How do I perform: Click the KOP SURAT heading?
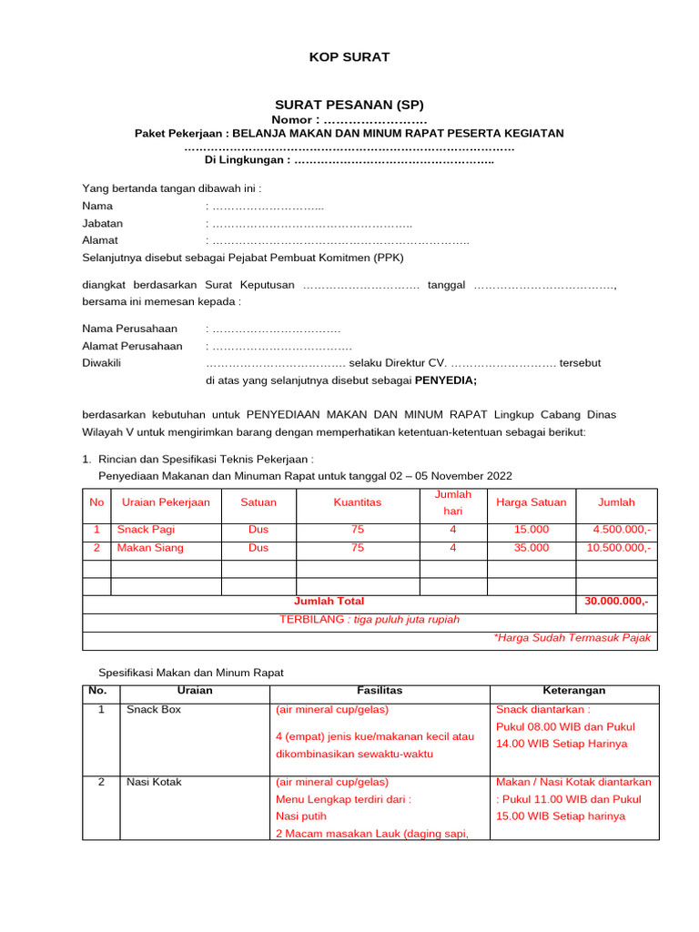pyautogui.click(x=349, y=57)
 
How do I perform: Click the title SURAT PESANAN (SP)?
pyautogui.click(x=349, y=105)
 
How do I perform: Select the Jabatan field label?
pyautogui.click(x=103, y=223)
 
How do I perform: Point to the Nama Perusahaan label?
pyautogui.click(x=130, y=329)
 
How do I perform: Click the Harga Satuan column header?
pyautogui.click(x=531, y=502)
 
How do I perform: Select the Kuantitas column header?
pyautogui.click(x=358, y=502)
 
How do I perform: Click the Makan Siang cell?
pyautogui.click(x=150, y=548)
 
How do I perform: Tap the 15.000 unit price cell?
pyautogui.click(x=532, y=530)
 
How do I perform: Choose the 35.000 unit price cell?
pyautogui.click(x=532, y=548)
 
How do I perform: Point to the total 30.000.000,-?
pyautogui.click(x=618, y=602)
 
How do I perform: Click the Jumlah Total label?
pyautogui.click(x=329, y=602)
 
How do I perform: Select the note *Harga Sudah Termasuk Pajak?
pyautogui.click(x=572, y=638)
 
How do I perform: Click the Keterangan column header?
pyautogui.click(x=574, y=691)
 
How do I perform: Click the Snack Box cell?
pyautogui.click(x=154, y=709)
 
